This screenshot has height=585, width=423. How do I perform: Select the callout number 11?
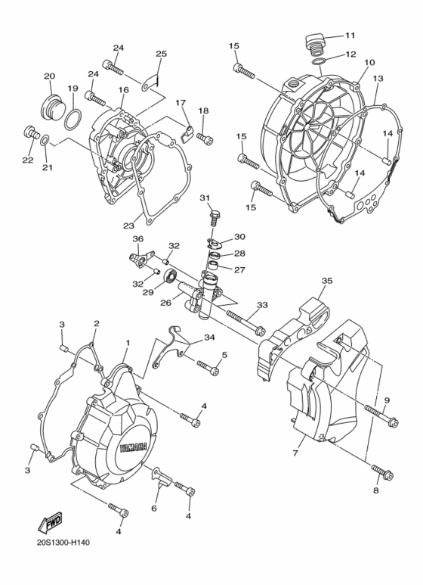click(350, 36)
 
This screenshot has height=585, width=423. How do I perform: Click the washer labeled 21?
click(47, 140)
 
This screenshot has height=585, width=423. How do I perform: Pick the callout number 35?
click(326, 281)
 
